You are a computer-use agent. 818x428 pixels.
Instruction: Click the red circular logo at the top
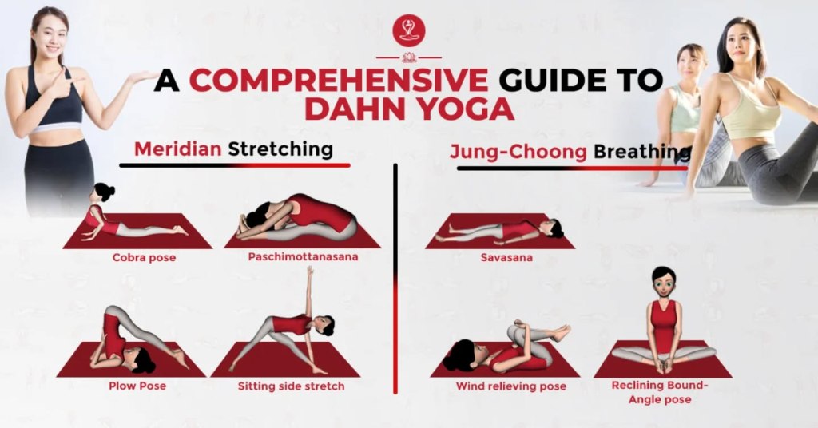[x=408, y=31]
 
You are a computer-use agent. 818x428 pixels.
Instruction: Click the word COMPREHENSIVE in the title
[x=339, y=81]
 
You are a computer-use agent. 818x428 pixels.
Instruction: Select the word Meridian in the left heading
[x=178, y=149]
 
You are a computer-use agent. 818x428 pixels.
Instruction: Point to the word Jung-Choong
[x=518, y=152]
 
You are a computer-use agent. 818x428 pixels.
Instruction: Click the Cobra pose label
[x=144, y=258]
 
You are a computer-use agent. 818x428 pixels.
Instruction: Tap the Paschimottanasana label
[x=303, y=256]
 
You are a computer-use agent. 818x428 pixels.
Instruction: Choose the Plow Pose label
[x=137, y=386]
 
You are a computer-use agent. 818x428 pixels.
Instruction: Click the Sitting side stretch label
[x=291, y=386]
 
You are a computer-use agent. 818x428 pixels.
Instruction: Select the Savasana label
[x=506, y=258]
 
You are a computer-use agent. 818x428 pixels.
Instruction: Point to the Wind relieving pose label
[x=510, y=386]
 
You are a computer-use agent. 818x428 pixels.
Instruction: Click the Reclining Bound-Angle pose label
[x=660, y=393]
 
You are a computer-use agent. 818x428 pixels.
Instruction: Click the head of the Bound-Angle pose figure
[x=662, y=284]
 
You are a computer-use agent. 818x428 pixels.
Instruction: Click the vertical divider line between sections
[x=395, y=279]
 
